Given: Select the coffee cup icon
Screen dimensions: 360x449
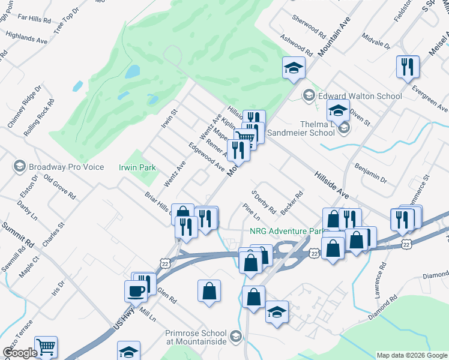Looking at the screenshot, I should coord(136,290).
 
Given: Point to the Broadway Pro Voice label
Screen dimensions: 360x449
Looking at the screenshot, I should coord(66,167).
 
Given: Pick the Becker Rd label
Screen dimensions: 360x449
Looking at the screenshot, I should coord(292,203).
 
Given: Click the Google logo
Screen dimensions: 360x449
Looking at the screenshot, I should coord(19,353).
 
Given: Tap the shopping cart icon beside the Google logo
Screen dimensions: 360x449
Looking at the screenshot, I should coord(46,347).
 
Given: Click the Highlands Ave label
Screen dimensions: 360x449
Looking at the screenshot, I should coord(26,39).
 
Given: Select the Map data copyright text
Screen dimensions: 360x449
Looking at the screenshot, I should coord(412,355).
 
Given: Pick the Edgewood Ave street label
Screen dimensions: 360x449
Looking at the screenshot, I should coord(206,157).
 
